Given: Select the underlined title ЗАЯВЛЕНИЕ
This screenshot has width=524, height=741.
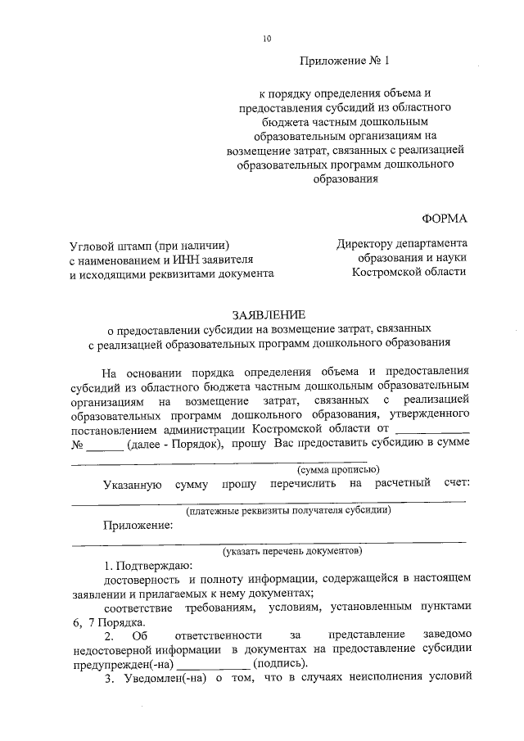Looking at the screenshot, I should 269,314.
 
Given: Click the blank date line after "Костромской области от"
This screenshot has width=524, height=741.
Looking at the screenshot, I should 432,428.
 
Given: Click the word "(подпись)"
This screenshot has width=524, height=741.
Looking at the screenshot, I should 281,662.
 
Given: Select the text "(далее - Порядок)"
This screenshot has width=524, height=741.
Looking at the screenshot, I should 176,444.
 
